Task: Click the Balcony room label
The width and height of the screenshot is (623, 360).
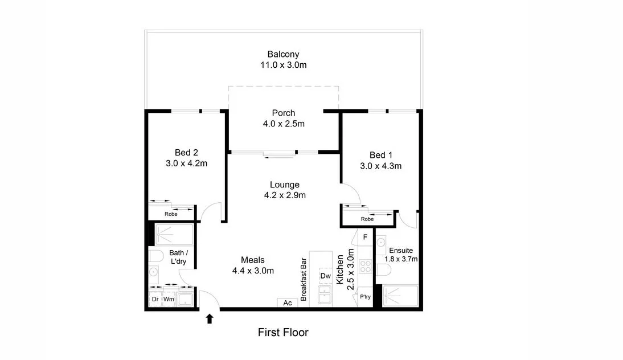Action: (x=283, y=55)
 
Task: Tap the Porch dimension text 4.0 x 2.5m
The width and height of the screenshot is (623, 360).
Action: (x=283, y=124)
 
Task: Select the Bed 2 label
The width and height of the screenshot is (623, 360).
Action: (x=186, y=153)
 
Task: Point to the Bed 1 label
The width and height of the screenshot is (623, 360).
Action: (x=381, y=155)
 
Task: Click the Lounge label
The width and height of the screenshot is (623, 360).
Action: (x=284, y=185)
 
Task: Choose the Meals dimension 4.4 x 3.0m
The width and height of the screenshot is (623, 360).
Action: (x=253, y=271)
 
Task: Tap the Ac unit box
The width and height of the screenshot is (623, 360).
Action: (x=288, y=303)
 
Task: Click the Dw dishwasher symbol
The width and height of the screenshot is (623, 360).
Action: (x=325, y=276)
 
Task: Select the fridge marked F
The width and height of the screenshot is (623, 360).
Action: (x=365, y=236)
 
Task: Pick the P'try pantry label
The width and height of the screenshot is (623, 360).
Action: (x=365, y=297)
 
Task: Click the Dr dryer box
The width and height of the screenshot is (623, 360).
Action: (x=155, y=298)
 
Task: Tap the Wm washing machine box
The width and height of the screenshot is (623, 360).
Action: (x=169, y=298)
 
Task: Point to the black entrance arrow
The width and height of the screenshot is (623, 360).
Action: (x=210, y=318)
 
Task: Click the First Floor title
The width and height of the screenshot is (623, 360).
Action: (x=283, y=332)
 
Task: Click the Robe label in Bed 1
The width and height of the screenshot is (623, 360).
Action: (x=367, y=219)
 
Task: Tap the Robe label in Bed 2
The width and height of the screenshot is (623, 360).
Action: (x=171, y=214)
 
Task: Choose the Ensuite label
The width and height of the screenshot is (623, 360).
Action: (x=401, y=250)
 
